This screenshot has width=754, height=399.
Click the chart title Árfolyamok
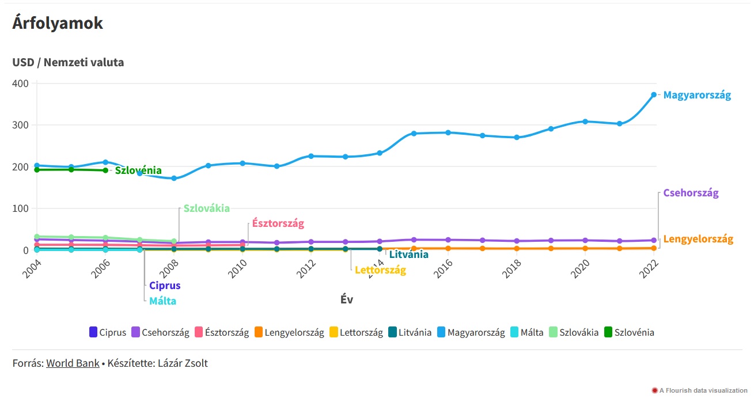58,23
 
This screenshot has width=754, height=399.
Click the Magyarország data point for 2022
654,95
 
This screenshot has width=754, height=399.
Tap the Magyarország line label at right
697,96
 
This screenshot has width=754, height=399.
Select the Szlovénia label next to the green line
138,170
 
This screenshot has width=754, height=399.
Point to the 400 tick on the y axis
21,83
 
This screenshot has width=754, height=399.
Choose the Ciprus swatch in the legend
93,332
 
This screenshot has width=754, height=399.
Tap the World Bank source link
73,363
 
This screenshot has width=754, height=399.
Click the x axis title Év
347,299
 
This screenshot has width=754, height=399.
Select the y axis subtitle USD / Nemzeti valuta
68,62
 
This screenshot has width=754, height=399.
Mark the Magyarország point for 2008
174,178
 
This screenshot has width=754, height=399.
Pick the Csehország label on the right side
691,193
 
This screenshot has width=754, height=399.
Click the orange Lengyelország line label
698,239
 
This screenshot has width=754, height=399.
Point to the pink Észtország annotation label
278,223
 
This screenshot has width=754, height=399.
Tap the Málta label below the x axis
162,301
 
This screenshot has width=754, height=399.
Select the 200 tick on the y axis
21,167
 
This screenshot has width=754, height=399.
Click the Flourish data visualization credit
703,390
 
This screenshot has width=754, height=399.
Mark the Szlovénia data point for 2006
105,170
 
